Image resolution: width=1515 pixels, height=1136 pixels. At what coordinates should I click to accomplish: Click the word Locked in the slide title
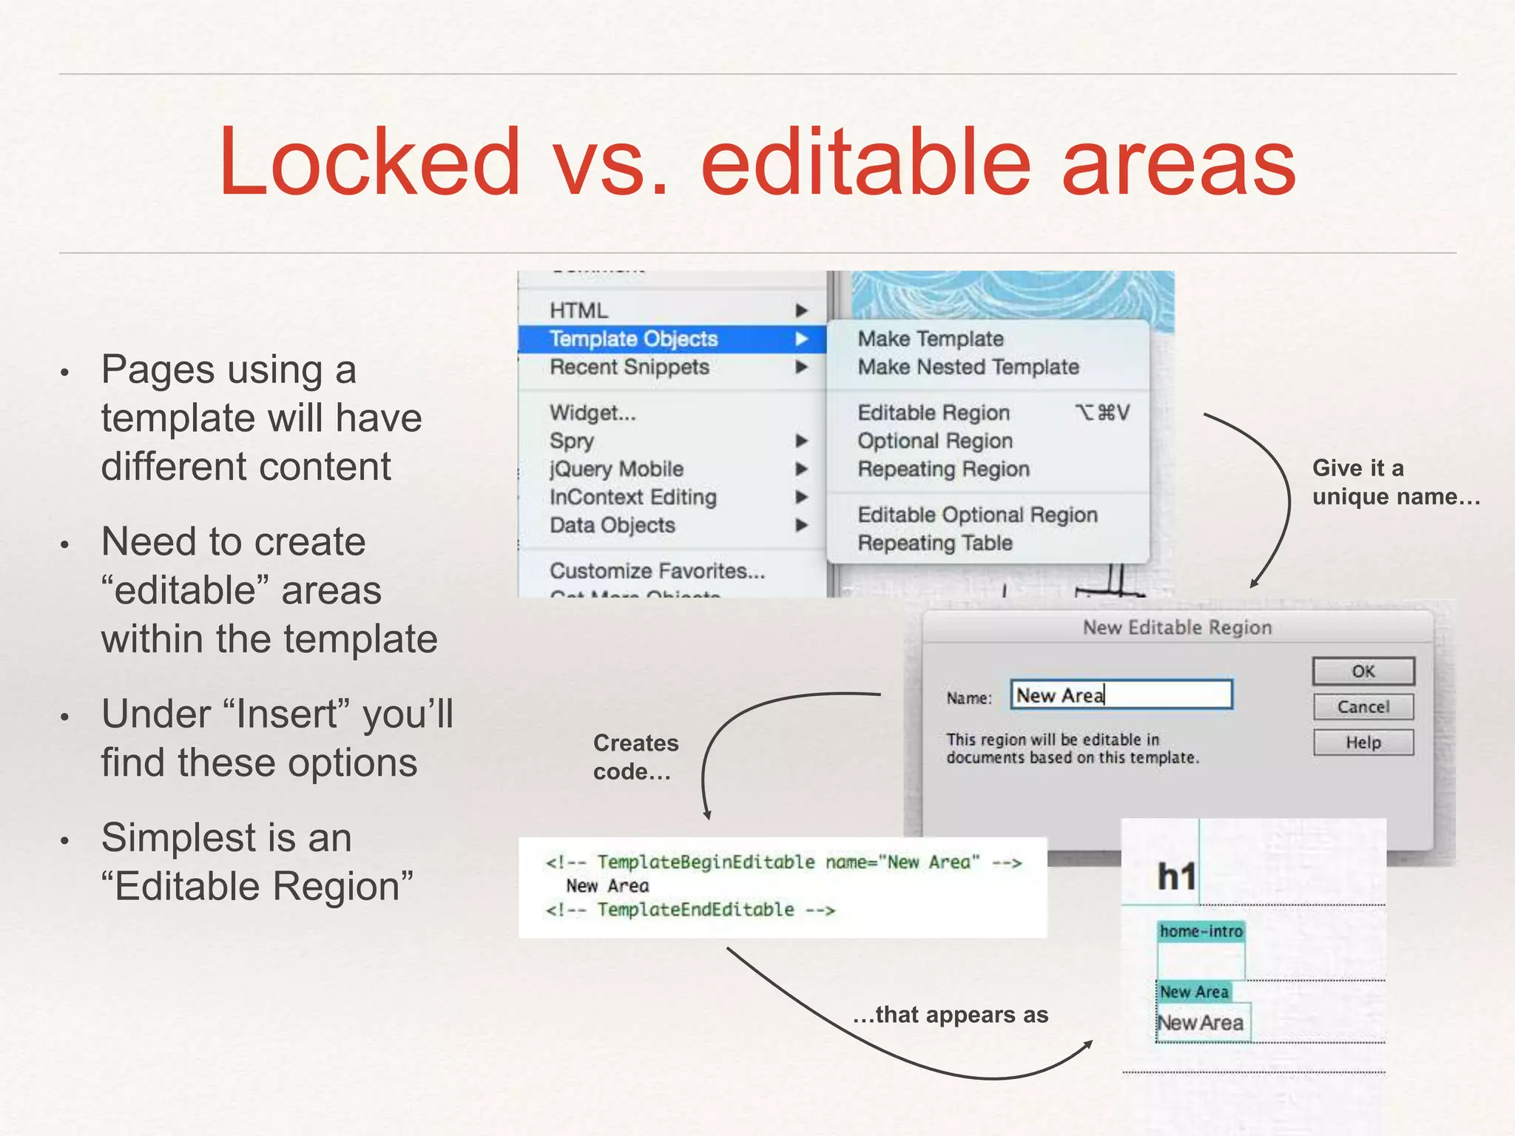pyautogui.click(x=370, y=163)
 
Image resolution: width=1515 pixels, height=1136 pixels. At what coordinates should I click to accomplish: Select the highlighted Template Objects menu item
pyautogui.click(x=633, y=339)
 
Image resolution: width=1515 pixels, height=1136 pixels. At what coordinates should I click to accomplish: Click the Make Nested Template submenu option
pyautogui.click(x=968, y=367)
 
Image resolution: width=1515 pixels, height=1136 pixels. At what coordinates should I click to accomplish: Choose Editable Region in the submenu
pyautogui.click(x=934, y=413)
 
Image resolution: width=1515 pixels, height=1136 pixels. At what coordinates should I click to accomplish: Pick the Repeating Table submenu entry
pyautogui.click(x=934, y=543)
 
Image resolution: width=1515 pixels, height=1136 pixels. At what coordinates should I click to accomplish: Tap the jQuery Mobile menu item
pyautogui.click(x=616, y=469)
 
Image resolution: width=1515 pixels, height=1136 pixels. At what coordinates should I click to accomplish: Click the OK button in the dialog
pyautogui.click(x=1363, y=672)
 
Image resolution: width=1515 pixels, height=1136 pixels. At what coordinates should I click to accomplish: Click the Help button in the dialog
pyautogui.click(x=1363, y=743)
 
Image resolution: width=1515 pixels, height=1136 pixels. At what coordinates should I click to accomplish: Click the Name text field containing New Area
pyautogui.click(x=1121, y=695)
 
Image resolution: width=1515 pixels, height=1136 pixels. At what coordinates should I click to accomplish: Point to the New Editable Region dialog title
pyautogui.click(x=1177, y=628)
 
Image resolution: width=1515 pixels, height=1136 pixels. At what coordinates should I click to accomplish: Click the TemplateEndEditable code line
pyautogui.click(x=690, y=910)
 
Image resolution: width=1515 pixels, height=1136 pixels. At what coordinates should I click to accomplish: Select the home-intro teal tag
pyautogui.click(x=1201, y=931)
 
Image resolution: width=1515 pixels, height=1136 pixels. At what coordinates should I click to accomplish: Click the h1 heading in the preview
pyautogui.click(x=1176, y=877)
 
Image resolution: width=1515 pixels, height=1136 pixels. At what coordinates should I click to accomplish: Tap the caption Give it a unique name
pyautogui.click(x=1394, y=482)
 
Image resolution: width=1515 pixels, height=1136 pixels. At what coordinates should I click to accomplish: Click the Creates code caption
pyautogui.click(x=635, y=757)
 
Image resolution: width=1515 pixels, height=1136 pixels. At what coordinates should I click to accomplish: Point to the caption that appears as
pyautogui.click(x=951, y=1015)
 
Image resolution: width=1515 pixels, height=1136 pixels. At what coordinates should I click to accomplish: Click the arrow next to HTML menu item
pyautogui.click(x=801, y=311)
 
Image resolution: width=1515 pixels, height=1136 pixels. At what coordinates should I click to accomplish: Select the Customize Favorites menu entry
pyautogui.click(x=657, y=571)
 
